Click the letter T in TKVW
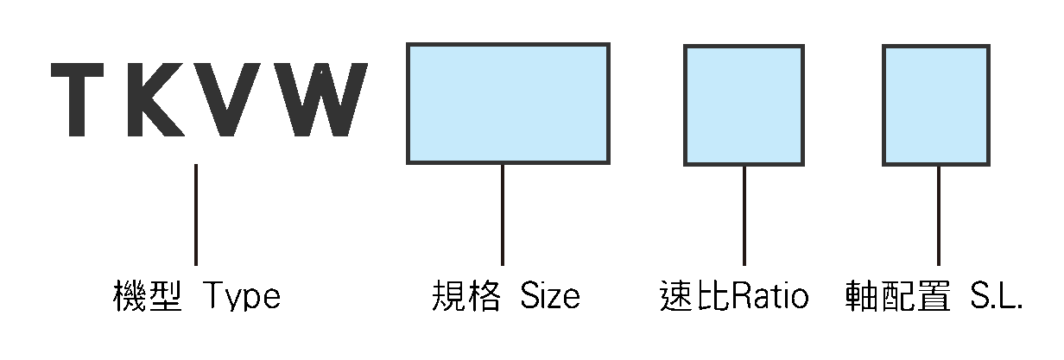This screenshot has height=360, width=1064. (x=77, y=100)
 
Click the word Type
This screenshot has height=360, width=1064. (x=242, y=296)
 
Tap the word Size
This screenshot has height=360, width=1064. (x=550, y=295)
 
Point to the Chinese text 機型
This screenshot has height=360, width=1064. (x=148, y=295)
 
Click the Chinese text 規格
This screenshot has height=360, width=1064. (x=466, y=295)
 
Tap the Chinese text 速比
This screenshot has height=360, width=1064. (x=694, y=295)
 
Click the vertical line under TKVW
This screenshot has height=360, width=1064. (x=196, y=215)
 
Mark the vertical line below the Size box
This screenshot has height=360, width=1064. (x=503, y=215)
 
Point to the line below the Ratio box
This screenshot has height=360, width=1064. (x=744, y=216)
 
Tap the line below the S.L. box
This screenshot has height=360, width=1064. (x=939, y=216)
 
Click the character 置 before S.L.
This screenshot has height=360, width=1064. (x=934, y=295)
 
